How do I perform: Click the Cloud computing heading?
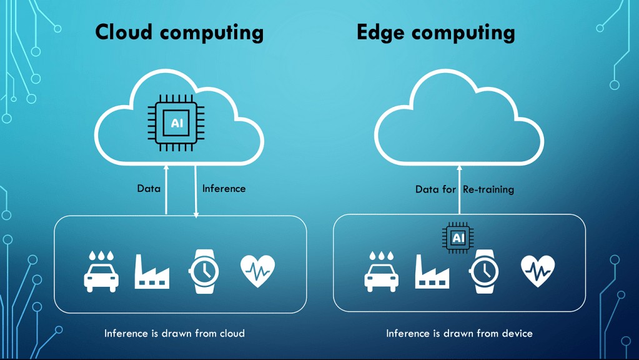click(179, 32)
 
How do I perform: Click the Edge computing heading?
click(436, 32)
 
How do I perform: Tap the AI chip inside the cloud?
click(177, 123)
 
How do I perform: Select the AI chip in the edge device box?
click(458, 238)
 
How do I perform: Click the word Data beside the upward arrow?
click(149, 188)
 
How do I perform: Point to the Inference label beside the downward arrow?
click(224, 188)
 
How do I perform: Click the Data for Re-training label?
click(465, 189)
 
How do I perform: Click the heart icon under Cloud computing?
click(257, 271)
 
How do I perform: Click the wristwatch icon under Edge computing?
click(484, 272)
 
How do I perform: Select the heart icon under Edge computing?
click(537, 271)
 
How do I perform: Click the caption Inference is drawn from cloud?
click(174, 333)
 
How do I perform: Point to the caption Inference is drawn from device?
click(459, 333)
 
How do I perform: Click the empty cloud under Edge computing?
click(459, 122)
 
